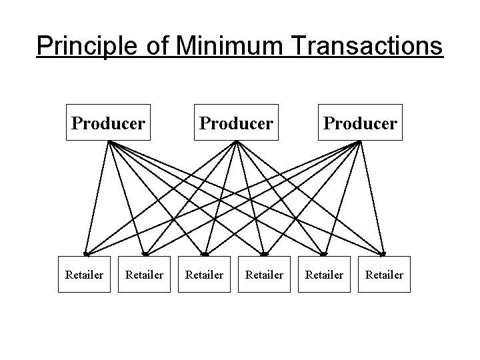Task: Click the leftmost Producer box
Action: pos(109,123)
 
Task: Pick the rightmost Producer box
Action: pos(361,123)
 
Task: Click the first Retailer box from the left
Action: pos(84,274)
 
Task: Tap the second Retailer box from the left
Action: pos(144,274)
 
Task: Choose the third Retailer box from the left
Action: pos(205,274)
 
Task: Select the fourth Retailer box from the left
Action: pos(265,274)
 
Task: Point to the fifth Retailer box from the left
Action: pos(325,274)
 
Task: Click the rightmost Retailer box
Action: pos(385,274)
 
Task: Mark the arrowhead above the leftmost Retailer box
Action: pos(85,254)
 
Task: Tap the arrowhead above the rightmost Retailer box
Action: pos(384,254)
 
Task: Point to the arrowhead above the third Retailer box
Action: pos(205,254)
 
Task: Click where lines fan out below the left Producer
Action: pos(109,142)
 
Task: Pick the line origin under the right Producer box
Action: pos(361,142)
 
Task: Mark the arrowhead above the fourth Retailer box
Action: pos(264,254)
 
